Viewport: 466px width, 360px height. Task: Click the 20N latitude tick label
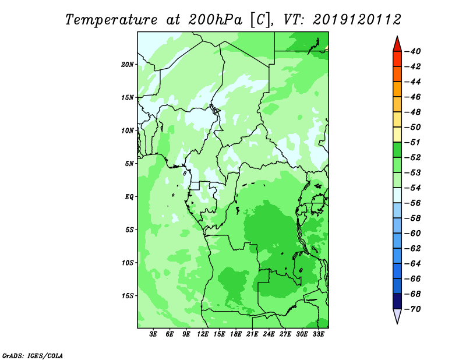click(127, 64)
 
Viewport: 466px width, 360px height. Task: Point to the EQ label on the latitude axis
click(129, 196)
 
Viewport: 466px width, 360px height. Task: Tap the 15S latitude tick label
click(127, 296)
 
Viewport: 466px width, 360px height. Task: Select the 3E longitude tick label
click(153, 334)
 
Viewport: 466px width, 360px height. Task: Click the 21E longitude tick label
click(252, 334)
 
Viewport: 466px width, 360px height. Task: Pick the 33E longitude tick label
click(318, 334)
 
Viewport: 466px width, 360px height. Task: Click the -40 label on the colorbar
click(413, 51)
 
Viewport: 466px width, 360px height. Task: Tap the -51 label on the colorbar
click(413, 142)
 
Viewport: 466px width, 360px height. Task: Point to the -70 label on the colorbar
click(413, 309)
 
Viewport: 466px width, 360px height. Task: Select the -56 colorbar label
click(413, 203)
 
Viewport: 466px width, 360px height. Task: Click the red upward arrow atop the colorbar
click(397, 44)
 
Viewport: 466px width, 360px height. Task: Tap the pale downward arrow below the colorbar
click(397, 316)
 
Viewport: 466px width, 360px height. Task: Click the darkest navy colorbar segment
click(397, 301)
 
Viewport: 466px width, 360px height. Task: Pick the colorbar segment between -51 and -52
click(397, 150)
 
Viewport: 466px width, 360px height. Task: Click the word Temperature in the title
click(111, 20)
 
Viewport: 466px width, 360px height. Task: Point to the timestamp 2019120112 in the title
click(357, 20)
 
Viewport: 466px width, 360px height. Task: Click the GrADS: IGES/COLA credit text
click(33, 356)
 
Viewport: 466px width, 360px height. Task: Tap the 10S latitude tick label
click(127, 263)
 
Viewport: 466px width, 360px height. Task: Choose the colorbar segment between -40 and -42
click(397, 59)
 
